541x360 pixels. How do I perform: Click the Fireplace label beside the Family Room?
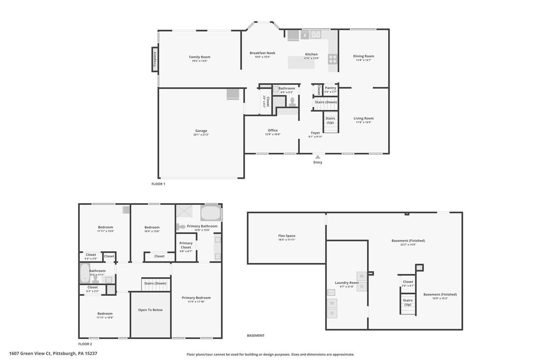point(154,59)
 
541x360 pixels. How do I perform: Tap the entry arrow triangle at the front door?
point(318,157)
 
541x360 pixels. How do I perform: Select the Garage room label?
point(201,131)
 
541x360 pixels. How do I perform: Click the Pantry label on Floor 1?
point(331,88)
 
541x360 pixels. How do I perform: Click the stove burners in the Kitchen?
point(333,59)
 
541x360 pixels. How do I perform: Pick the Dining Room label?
point(364,56)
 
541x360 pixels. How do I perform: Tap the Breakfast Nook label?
point(263,53)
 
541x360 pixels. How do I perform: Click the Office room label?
point(272,130)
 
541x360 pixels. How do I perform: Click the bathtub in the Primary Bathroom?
point(211,213)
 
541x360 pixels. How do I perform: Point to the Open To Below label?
point(150,310)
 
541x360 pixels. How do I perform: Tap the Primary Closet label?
point(186,245)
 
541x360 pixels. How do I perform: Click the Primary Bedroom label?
point(196,298)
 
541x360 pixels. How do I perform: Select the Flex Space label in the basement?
point(286,236)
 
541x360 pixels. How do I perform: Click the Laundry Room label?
point(347,283)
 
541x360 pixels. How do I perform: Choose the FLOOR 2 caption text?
point(85,344)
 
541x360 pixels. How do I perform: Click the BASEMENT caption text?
point(256,336)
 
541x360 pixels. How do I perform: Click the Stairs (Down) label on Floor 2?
point(155,283)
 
